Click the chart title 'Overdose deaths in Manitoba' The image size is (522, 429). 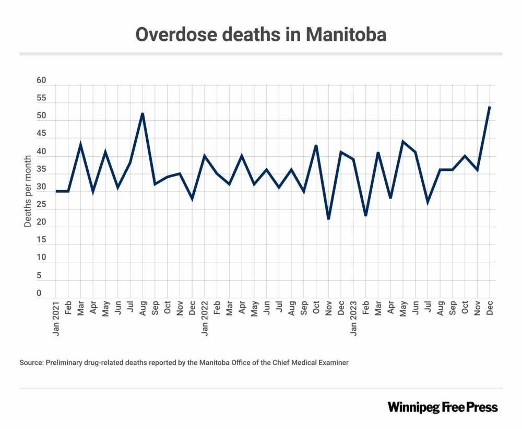260,34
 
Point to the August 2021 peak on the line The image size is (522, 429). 143,113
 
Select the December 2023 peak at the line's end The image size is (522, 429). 489,107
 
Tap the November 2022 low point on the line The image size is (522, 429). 328,219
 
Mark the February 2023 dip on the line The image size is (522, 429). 365,215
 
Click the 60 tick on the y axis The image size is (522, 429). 42,81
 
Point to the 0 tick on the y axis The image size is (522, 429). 39,293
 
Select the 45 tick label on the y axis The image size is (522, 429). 42,134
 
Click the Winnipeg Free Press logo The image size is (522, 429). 442,407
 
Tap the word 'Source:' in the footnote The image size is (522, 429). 31,362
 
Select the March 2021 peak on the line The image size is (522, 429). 80,143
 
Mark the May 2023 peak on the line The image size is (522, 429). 402,141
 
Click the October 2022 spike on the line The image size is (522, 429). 316,145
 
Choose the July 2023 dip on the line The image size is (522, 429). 428,201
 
